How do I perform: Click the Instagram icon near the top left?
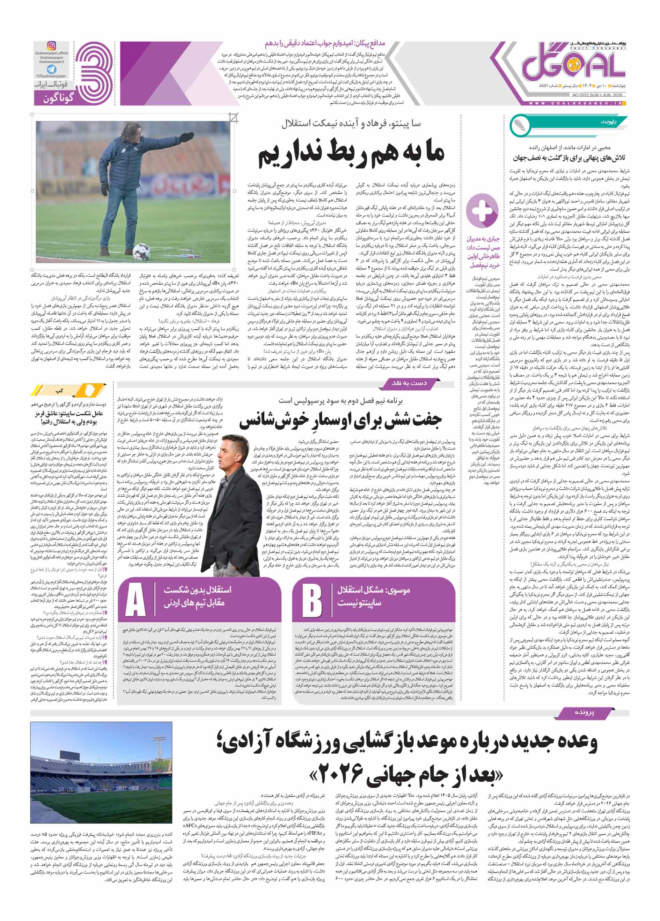point(52,46)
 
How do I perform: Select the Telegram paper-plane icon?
point(52,70)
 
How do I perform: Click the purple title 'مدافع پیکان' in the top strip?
point(325,43)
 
